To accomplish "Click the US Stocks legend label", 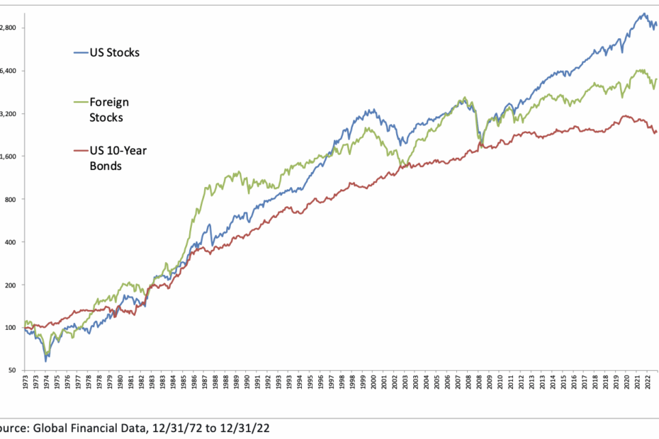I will tap(114, 52).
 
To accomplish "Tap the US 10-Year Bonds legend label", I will tap(109, 158).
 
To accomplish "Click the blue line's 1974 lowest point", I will tap(46, 360).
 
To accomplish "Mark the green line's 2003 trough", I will tap(402, 164).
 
